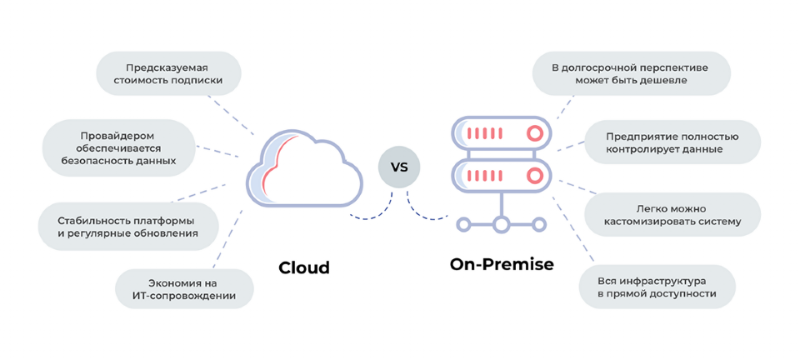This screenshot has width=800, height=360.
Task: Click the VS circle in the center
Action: pos(399,167)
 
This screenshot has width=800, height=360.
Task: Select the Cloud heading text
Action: pos(304,267)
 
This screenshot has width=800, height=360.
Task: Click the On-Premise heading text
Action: pos(502,264)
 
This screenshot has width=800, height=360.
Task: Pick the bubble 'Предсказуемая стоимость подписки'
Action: pos(168,73)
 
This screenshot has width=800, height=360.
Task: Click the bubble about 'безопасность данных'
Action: pos(118,147)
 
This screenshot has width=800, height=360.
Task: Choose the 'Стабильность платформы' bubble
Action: pos(127,227)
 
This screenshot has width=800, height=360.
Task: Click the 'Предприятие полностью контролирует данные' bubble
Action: pos(671,142)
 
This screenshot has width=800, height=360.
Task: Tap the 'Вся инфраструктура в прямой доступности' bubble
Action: pos(657,287)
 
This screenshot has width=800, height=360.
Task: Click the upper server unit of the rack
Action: pos(501,132)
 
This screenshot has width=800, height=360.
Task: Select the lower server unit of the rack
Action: pos(501,176)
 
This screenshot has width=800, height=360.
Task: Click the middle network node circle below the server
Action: pos(501,223)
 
